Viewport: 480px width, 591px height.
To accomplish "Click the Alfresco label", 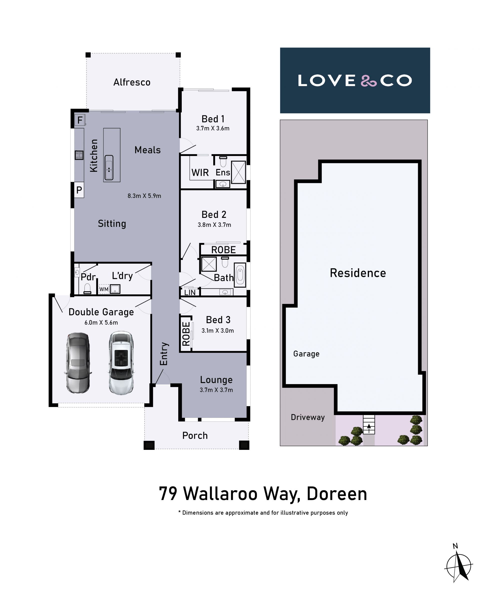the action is point(132,82).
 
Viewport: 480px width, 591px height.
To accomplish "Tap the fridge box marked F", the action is point(80,120).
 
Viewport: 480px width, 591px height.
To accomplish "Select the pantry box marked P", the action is point(79,190).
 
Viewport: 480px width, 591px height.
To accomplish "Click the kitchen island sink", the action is point(109,168).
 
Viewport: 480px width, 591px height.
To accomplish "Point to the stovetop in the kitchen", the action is point(79,155).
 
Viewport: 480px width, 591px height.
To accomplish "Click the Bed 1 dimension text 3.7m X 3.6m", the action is point(213,128).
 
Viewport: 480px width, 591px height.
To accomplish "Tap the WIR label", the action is point(200,172).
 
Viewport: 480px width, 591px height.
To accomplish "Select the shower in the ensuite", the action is point(238,172).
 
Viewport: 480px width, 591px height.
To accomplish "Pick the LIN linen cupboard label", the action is point(190,292).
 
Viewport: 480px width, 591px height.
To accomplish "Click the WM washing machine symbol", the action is point(104,289).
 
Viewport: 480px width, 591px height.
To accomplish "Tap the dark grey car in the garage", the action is point(78,363).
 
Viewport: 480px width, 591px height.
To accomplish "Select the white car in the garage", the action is point(121,363).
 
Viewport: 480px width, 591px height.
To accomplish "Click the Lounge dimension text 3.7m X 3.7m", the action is point(216,390).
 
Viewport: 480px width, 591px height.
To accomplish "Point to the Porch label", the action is point(195,436).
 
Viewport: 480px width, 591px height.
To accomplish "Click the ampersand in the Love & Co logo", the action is point(369,81).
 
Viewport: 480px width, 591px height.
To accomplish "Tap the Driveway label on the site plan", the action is point(308,417).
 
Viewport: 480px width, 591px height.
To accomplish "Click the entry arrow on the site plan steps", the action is point(369,428).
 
